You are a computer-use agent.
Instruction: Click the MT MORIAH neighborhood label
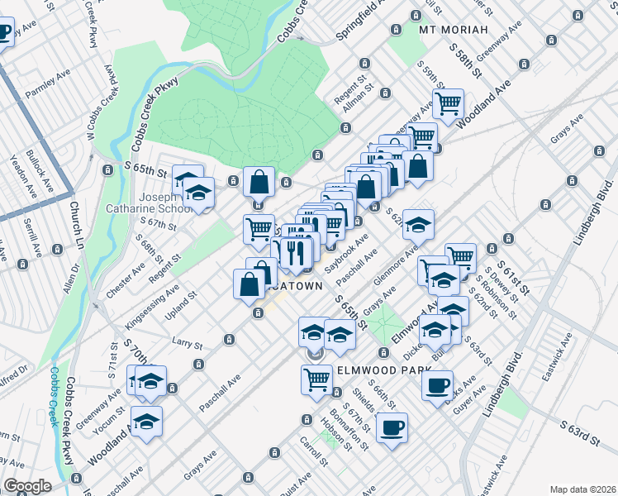(x=450, y=31)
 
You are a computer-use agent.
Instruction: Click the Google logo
(x=27, y=486)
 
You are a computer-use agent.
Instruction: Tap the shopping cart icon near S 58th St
(x=448, y=104)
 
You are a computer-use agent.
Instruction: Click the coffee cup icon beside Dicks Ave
(x=437, y=384)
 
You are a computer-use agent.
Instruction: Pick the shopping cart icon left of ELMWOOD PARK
(x=316, y=379)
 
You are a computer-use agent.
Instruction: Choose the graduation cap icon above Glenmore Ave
(x=419, y=224)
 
